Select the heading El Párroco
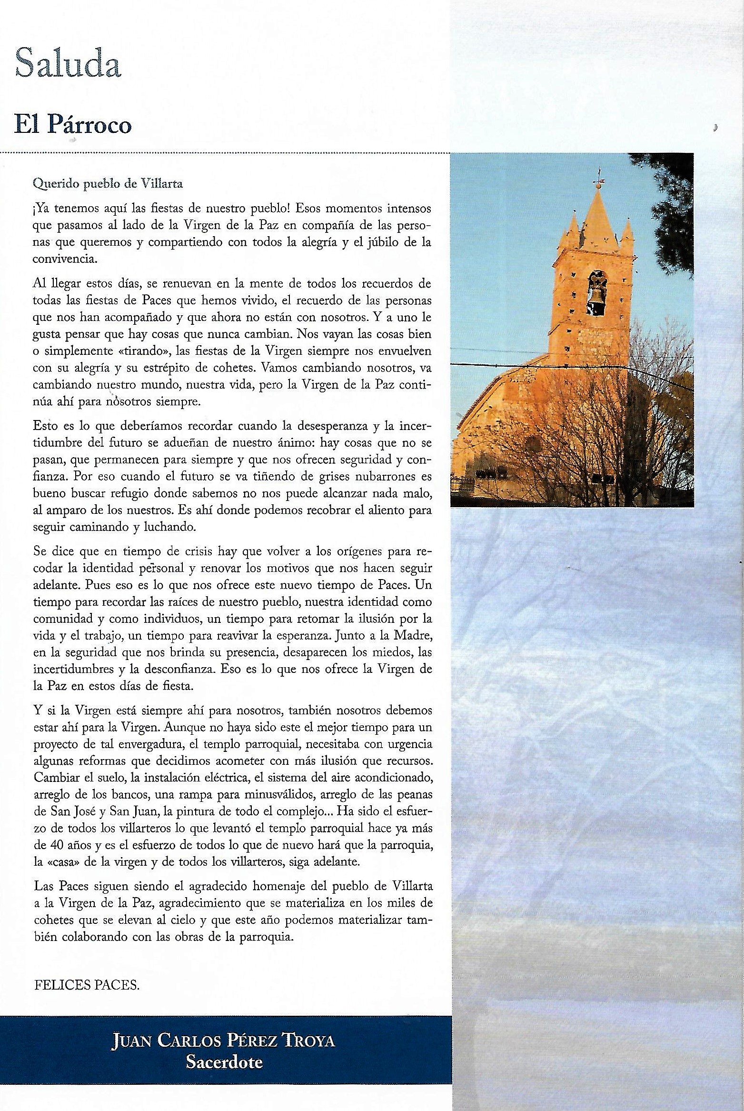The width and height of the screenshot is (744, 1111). [72, 125]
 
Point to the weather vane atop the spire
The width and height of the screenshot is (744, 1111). [599, 183]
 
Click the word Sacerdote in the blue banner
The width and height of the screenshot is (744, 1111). [224, 1061]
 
